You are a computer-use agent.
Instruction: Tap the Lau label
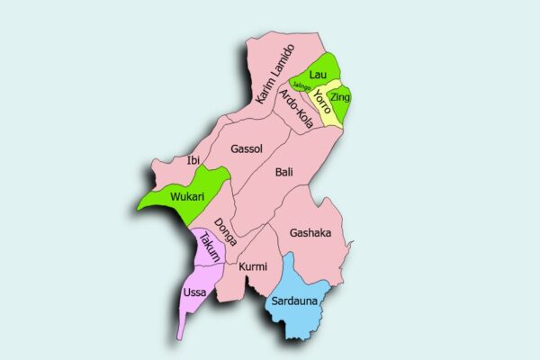[317, 73]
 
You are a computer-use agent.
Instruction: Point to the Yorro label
[321, 102]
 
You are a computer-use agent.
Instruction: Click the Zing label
[339, 95]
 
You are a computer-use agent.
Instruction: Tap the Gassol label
[246, 148]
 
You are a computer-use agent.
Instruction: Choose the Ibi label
[193, 160]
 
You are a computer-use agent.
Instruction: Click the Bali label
[284, 171]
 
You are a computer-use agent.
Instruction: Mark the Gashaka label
[310, 233]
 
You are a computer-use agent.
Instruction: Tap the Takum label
[210, 247]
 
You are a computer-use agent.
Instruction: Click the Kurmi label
[253, 266]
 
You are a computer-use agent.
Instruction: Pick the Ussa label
[194, 292]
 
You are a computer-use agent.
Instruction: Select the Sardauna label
[293, 301]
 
